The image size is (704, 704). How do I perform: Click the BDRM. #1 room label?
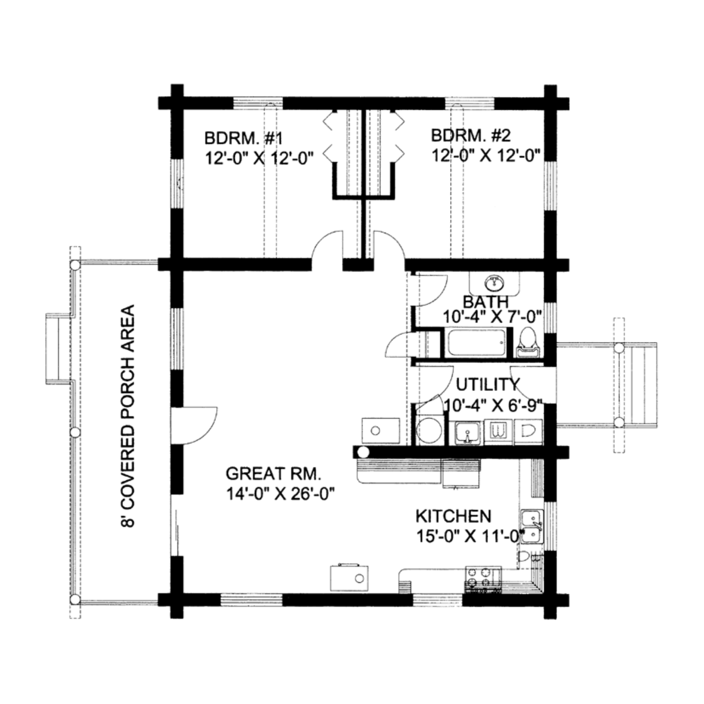[244, 139]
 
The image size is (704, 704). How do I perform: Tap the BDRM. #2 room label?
[471, 135]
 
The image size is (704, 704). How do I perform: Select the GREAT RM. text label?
[274, 474]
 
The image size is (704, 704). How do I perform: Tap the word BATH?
[486, 302]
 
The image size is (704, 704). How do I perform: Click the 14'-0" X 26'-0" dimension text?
[280, 495]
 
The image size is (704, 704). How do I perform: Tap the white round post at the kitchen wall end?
[363, 452]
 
